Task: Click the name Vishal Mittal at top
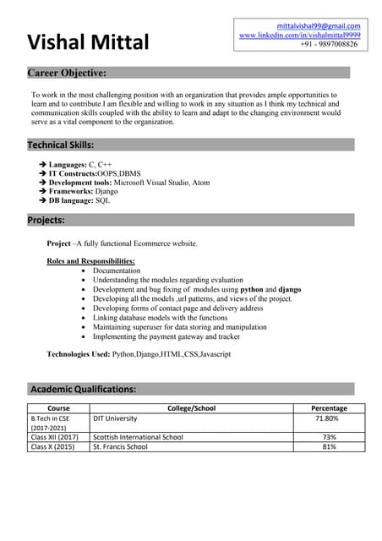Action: [88, 41]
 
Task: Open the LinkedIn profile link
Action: [299, 35]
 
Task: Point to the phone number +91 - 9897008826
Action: [329, 44]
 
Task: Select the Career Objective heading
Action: [68, 73]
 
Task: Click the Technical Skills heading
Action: [61, 145]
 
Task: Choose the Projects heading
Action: [46, 220]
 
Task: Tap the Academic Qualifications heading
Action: [83, 389]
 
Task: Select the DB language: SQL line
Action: [79, 201]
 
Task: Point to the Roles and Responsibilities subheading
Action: [90, 261]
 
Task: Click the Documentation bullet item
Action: [123, 270]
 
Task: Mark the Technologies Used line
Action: [139, 354]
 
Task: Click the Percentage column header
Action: [329, 408]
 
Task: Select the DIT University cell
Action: [115, 418]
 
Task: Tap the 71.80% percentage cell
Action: [326, 418]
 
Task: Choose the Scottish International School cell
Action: [138, 437]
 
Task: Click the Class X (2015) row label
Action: [52, 446]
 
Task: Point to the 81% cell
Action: [329, 446]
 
